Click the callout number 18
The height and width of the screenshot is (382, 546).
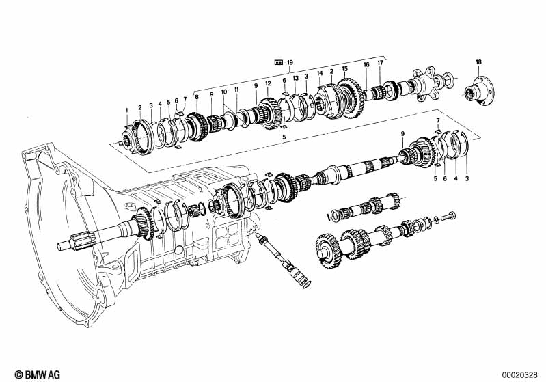click(x=478, y=62)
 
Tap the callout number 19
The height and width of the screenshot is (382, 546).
click(x=290, y=63)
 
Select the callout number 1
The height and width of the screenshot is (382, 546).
click(x=126, y=110)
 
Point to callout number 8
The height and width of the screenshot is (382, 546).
click(x=196, y=97)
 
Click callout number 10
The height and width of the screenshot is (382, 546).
click(x=224, y=92)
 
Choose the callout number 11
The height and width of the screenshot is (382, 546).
click(x=237, y=90)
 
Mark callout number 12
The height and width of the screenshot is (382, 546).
click(x=268, y=83)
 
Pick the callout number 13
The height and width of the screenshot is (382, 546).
click(x=296, y=79)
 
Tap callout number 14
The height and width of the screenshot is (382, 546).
click(x=320, y=74)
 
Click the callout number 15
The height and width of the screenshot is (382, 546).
click(x=344, y=69)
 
